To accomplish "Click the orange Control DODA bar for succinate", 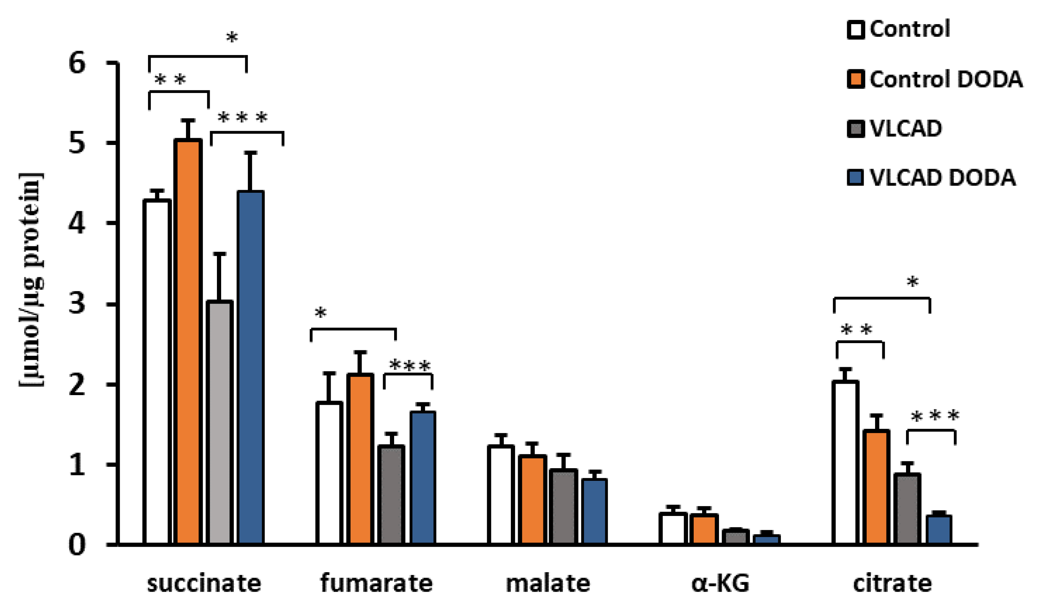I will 188,341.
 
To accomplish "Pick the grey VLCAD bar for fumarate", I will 391,495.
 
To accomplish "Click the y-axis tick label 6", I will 77,63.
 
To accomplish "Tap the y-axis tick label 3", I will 77,304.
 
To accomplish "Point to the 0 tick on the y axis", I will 77,545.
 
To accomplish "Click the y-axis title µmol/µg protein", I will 31,279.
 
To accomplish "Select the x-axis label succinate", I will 204,583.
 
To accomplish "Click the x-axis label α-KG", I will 720,583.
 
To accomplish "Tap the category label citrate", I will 892,583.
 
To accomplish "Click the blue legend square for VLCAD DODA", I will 856,177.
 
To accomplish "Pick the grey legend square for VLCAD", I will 856,129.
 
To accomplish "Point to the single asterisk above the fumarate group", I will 321,313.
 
